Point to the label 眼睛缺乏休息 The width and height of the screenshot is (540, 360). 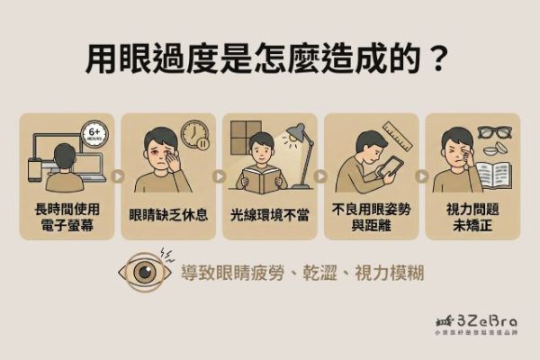pos(167,215)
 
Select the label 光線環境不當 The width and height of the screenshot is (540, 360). pos(269,215)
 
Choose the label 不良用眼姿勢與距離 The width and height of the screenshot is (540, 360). pos(370,215)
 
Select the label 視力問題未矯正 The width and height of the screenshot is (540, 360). pos(471,215)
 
